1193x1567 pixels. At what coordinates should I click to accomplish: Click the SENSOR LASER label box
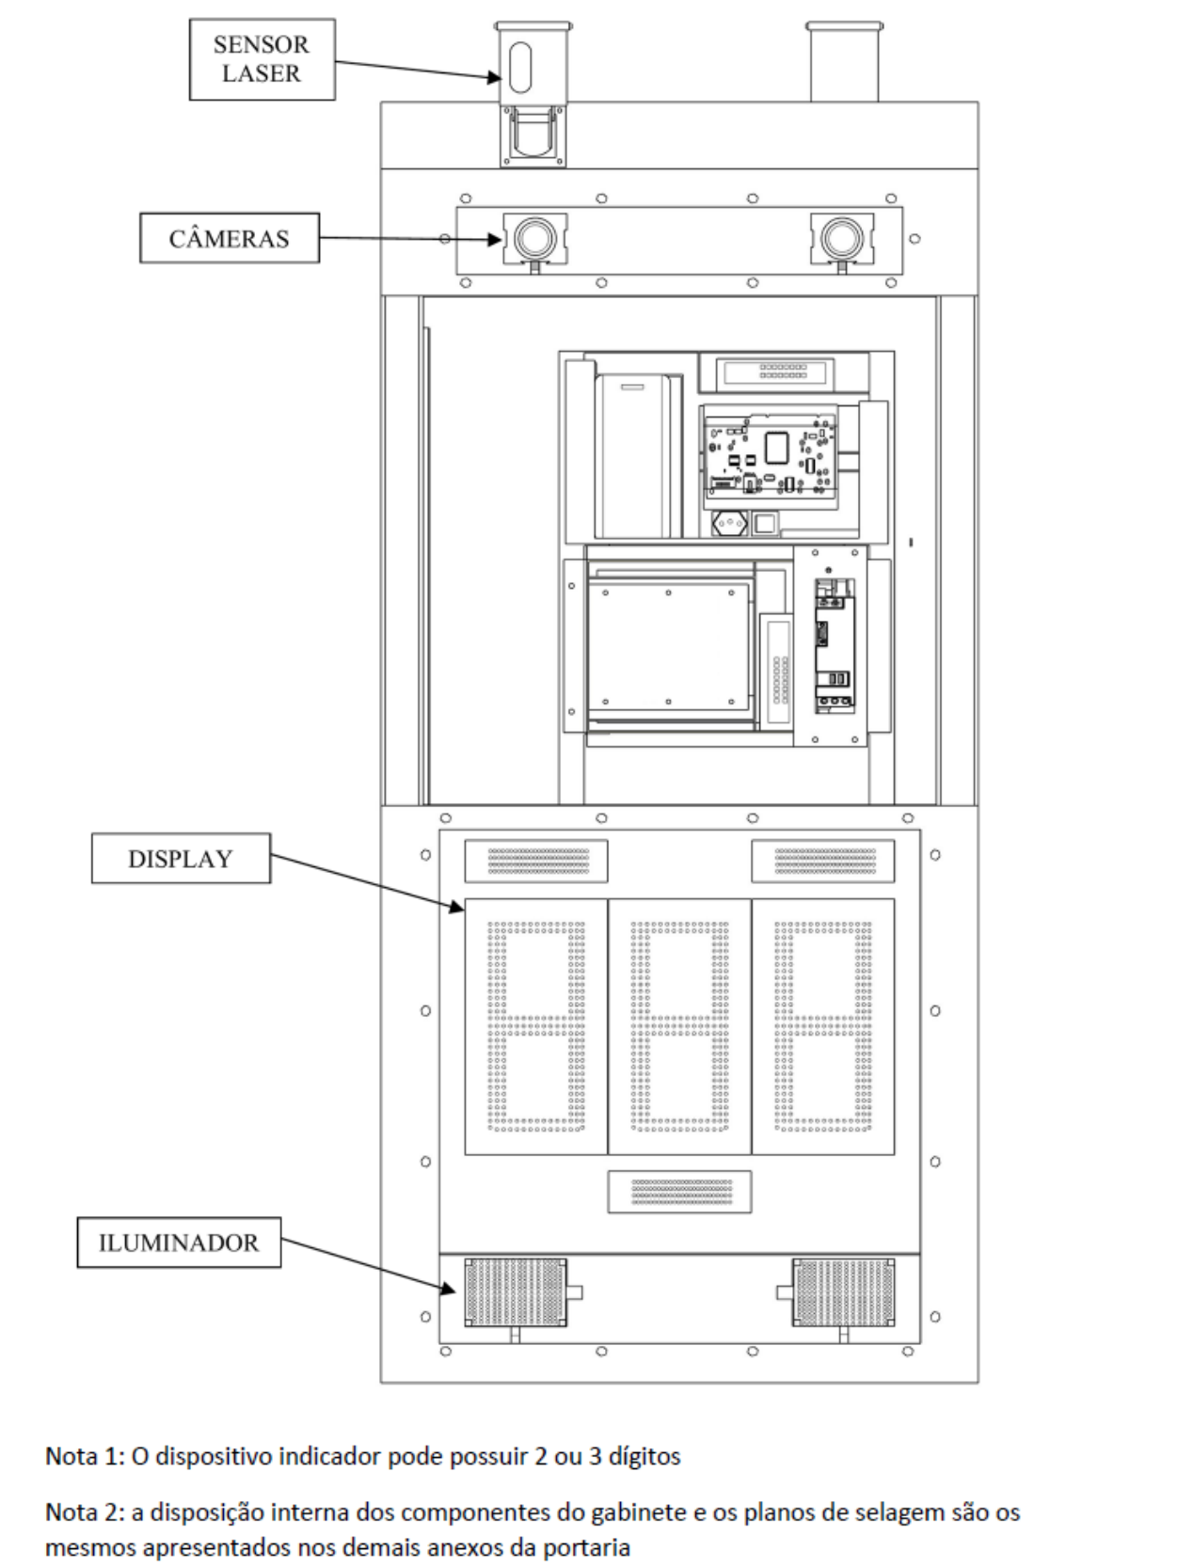262,59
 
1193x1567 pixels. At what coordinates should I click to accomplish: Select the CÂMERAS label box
230,238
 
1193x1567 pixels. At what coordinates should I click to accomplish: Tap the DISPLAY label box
181,858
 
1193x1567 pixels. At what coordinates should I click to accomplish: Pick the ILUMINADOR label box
179,1243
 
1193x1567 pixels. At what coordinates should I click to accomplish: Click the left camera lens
534,238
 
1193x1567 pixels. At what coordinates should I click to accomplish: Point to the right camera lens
842,238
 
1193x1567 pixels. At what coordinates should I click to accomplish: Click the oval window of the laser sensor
520,67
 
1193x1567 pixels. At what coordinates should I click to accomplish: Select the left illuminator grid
516,1293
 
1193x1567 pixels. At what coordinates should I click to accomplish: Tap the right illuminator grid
843,1293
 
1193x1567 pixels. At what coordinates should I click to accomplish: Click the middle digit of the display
679,1026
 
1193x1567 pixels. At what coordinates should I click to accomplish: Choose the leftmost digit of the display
536,1026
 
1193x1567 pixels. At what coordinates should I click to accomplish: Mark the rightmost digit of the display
823,1026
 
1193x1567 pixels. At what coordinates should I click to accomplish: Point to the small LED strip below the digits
679,1192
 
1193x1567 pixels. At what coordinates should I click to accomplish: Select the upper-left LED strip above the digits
536,861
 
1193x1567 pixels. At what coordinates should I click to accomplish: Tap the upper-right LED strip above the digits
823,861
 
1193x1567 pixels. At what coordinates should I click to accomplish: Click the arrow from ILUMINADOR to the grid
369,1266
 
